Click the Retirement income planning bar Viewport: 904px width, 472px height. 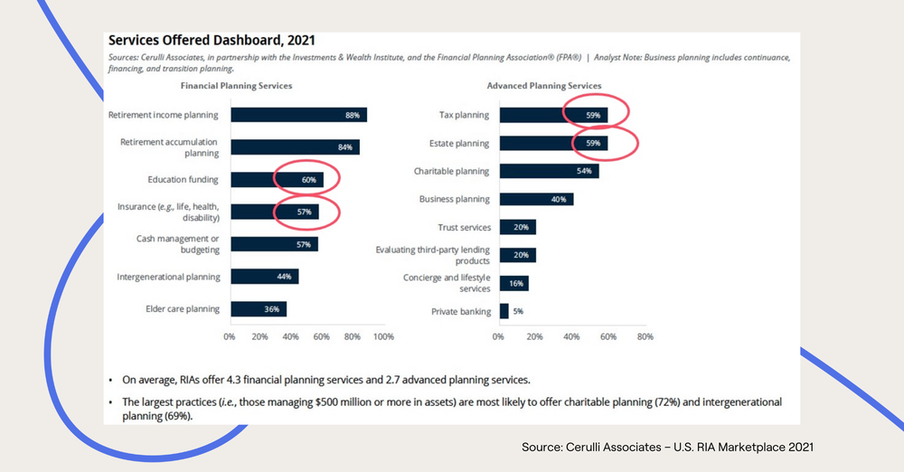click(298, 115)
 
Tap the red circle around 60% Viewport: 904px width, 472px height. click(307, 179)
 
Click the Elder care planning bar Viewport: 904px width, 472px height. click(259, 309)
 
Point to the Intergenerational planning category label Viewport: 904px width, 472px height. click(168, 277)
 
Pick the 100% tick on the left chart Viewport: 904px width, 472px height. click(383, 336)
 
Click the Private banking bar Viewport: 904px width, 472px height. click(504, 311)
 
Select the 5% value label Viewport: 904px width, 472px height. click(519, 311)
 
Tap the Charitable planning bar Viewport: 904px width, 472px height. click(549, 171)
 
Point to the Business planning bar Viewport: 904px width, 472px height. click(536, 199)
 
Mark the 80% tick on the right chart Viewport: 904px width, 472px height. click(645, 336)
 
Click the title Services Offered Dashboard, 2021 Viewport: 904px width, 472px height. click(212, 41)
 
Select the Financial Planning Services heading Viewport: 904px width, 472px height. click(236, 86)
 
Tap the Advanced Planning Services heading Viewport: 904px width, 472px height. click(544, 86)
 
